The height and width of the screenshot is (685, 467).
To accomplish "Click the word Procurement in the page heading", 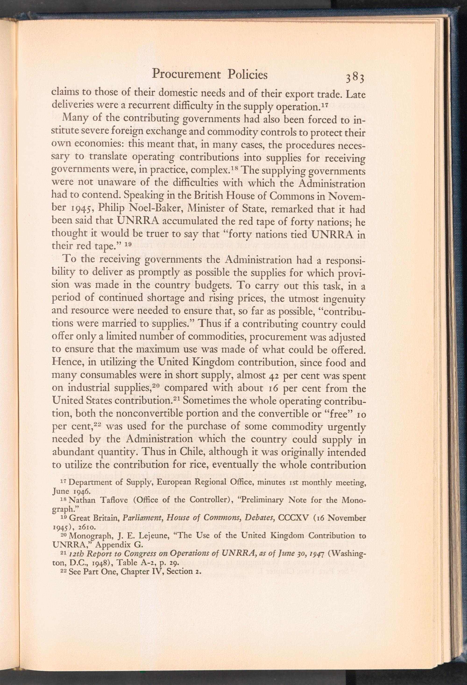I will pos(186,75).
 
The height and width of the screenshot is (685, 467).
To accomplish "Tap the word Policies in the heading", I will pos(248,75).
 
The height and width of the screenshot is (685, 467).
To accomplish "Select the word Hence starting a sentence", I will pos(65,363).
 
